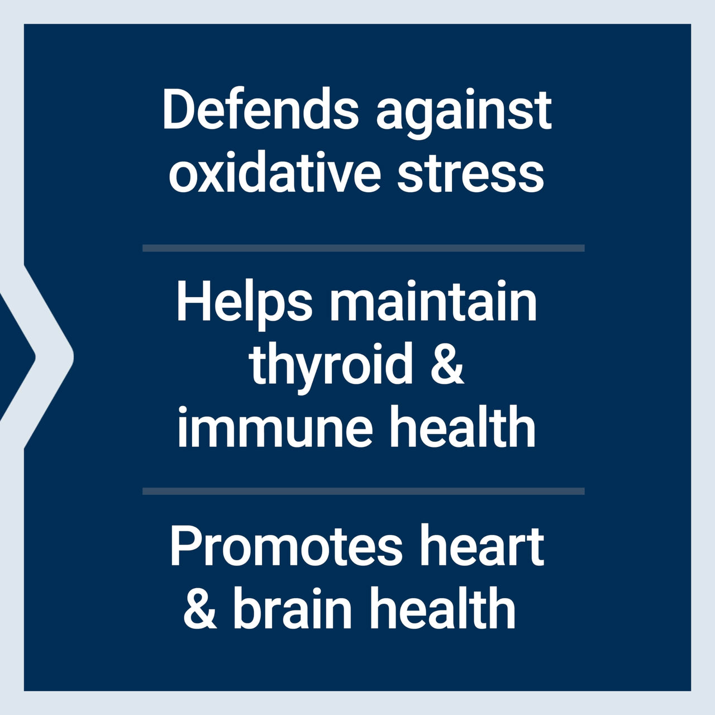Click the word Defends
click(x=260, y=109)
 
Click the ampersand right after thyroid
click(x=447, y=364)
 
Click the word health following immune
click(x=462, y=426)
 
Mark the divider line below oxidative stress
click(x=364, y=248)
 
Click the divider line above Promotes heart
click(x=364, y=491)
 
